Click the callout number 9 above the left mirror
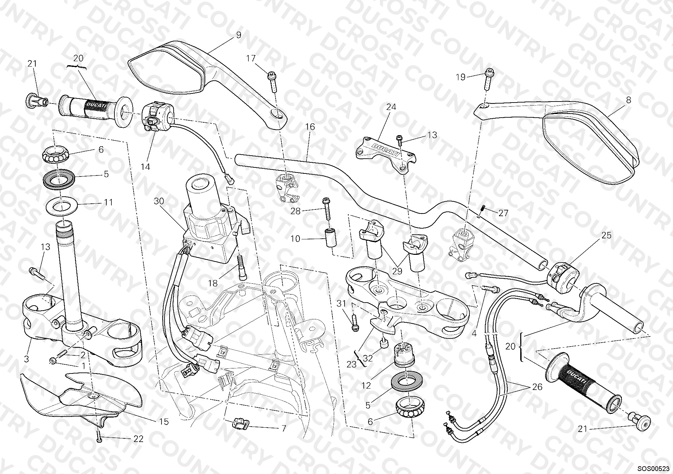pyautogui.click(x=239, y=35)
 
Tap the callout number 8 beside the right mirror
pyautogui.click(x=629, y=100)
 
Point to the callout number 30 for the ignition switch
pyautogui.click(x=159, y=201)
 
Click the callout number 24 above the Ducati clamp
pyautogui.click(x=391, y=107)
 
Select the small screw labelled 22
pyautogui.click(x=99, y=436)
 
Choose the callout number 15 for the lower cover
pyautogui.click(x=164, y=422)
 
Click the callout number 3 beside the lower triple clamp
pyautogui.click(x=27, y=359)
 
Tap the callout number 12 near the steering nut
pyautogui.click(x=367, y=386)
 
